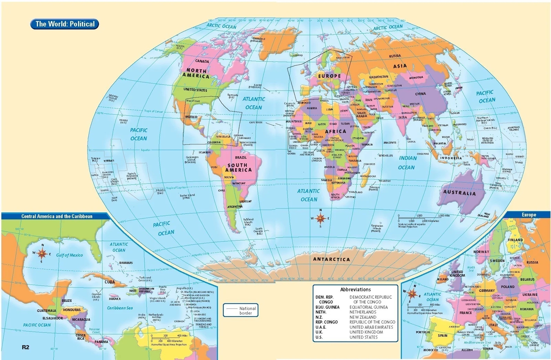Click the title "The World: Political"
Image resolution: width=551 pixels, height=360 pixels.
coord(65,24)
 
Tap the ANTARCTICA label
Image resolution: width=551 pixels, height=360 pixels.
coord(331,259)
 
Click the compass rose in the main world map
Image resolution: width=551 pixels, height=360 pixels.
coord(321,218)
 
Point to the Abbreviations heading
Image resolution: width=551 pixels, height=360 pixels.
coord(355,289)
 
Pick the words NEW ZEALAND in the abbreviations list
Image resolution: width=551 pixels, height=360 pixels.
coord(363,317)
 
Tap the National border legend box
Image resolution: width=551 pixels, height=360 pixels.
coord(240,310)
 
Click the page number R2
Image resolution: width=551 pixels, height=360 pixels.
coord(25,347)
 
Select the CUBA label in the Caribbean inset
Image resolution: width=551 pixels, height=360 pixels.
coord(110,282)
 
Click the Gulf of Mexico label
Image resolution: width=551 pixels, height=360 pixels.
coord(70,255)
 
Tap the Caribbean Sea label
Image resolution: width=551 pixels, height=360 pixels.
coord(119,308)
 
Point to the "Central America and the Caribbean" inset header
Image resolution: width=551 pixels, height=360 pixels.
coord(57,216)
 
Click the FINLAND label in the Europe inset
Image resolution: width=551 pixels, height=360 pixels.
coord(515,240)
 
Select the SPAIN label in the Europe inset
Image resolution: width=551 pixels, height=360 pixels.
coord(443,335)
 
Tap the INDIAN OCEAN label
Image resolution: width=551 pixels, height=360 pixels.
coord(407,163)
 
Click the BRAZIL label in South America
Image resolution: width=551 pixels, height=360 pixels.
coord(241,157)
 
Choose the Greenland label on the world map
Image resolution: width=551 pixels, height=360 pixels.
coord(259,40)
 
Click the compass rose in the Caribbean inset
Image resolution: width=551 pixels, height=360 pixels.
coord(42,254)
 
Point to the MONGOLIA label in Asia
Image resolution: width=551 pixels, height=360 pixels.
coord(416,77)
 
